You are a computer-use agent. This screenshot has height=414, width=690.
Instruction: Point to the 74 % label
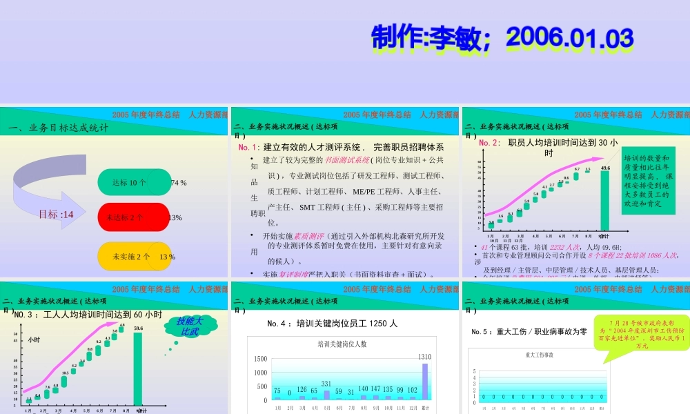[179, 183]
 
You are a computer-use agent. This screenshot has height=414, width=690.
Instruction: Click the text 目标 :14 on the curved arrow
[56, 215]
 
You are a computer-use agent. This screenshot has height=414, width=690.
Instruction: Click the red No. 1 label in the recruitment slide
[249, 148]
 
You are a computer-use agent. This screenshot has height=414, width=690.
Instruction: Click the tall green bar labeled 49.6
[605, 200]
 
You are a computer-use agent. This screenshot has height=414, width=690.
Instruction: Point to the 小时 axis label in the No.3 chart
[34, 339]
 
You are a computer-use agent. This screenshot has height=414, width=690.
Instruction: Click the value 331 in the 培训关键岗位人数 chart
[326, 384]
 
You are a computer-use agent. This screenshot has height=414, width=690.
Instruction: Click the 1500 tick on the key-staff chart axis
[259, 359]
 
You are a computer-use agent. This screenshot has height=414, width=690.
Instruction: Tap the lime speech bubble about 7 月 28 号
[642, 334]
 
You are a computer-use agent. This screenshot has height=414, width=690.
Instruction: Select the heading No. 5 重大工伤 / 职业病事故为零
[529, 332]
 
